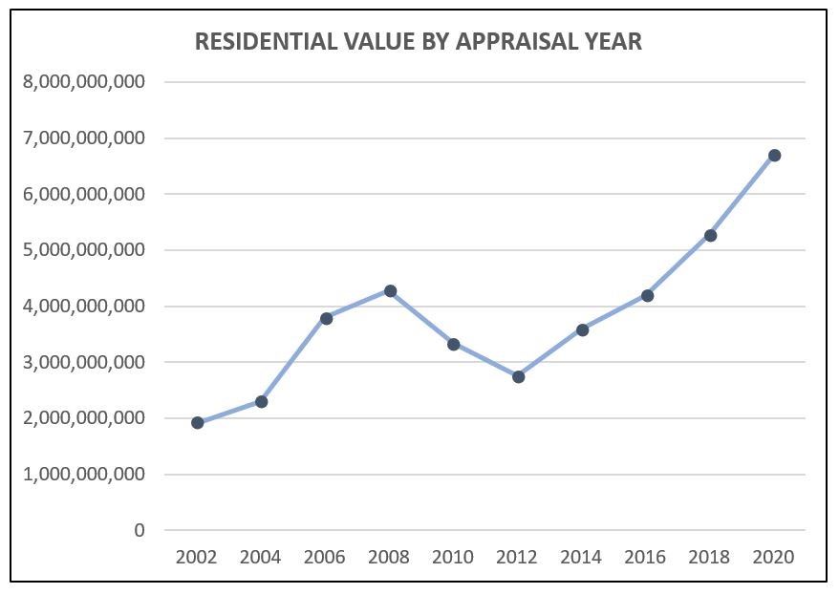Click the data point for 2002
198,423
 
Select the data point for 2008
390,290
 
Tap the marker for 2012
518,377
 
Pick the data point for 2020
774,155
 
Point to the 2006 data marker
326,318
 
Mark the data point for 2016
647,295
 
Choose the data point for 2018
710,235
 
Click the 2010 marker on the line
453,344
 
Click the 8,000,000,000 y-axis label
83,82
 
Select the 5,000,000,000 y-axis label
83,250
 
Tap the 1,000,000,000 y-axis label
83,474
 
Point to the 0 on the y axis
140,530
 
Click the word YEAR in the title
614,42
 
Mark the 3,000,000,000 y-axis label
83,362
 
